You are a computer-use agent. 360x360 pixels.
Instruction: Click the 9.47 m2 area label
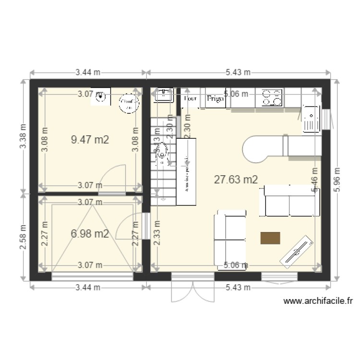coord(90,140)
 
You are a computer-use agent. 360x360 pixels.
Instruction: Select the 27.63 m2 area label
coord(236,180)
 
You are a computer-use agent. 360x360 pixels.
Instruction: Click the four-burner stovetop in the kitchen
coord(271,97)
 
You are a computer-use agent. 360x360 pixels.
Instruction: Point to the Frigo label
coord(215,98)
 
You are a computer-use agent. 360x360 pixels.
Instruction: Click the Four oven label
coord(191,98)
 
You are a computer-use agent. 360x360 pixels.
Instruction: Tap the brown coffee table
coord(270,239)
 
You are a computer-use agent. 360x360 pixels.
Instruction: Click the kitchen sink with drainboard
coord(311,118)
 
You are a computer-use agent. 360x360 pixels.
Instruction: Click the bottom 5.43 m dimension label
coord(238,288)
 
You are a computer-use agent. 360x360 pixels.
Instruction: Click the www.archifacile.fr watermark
coord(318,301)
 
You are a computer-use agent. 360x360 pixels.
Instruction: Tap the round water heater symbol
coord(128,104)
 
